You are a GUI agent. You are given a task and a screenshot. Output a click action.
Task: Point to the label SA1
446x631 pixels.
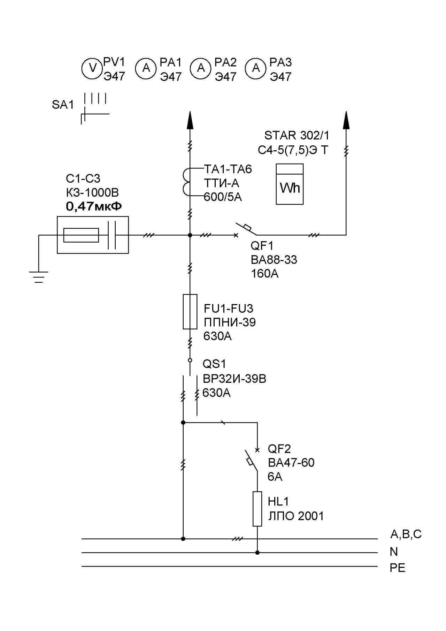[x=63, y=105]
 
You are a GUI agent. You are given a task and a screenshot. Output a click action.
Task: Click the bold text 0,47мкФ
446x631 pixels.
[x=94, y=206]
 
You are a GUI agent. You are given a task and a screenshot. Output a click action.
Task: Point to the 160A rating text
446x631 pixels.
[x=264, y=274]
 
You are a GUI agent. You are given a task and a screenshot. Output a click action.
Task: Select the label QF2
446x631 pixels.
[x=279, y=449]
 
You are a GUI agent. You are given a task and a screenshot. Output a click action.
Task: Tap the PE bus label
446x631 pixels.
[x=397, y=568]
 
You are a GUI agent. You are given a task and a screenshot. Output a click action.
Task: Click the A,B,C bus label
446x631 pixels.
[x=406, y=534]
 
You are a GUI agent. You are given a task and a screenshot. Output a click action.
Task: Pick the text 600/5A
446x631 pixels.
[x=223, y=197]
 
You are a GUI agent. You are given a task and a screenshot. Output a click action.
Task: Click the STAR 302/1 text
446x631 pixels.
[x=297, y=135]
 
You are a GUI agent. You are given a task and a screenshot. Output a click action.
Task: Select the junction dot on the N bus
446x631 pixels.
[x=257, y=553]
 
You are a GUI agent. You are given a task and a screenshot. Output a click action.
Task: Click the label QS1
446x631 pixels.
[x=214, y=364]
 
